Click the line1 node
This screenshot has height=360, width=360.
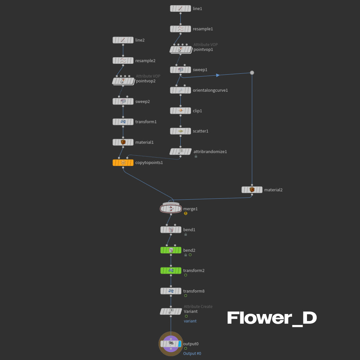[x=180, y=9]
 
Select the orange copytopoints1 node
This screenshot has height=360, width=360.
[x=123, y=163]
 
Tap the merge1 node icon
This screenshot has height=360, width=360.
[x=171, y=209]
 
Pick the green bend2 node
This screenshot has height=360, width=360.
[x=171, y=250]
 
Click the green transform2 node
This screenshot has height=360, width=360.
[x=171, y=270]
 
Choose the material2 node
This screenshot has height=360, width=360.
[x=252, y=190]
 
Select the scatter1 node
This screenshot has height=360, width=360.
[x=180, y=131]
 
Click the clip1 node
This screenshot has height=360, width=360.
[x=180, y=111]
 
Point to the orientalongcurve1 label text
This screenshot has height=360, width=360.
[x=210, y=90]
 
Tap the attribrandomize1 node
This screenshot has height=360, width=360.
[x=180, y=152]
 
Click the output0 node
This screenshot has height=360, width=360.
[x=171, y=344]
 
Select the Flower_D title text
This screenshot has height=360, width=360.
[x=272, y=318]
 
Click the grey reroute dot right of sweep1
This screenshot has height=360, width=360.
[x=252, y=73]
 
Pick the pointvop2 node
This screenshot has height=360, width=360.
[x=123, y=81]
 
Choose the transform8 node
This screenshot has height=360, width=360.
[x=171, y=291]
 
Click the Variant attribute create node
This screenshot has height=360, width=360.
[x=171, y=311]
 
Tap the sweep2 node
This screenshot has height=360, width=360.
[x=123, y=101]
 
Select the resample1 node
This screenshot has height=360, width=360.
[x=180, y=29]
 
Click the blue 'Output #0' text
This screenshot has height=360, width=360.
[x=192, y=353]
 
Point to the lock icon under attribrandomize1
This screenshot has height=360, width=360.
[x=196, y=156]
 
